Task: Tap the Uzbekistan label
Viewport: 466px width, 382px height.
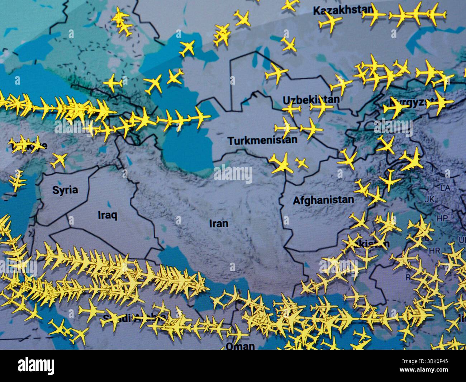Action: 310,100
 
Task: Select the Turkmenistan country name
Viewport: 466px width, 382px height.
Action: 263,140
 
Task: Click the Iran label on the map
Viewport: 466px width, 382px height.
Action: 219,223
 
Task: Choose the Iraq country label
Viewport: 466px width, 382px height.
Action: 108,215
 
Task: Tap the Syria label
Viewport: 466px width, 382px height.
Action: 65,190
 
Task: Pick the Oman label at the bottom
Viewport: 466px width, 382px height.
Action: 240,346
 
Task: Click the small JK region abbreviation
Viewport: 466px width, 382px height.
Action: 429,199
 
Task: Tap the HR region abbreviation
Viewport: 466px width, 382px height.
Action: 434,250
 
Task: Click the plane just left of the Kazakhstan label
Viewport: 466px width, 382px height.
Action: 331,24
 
